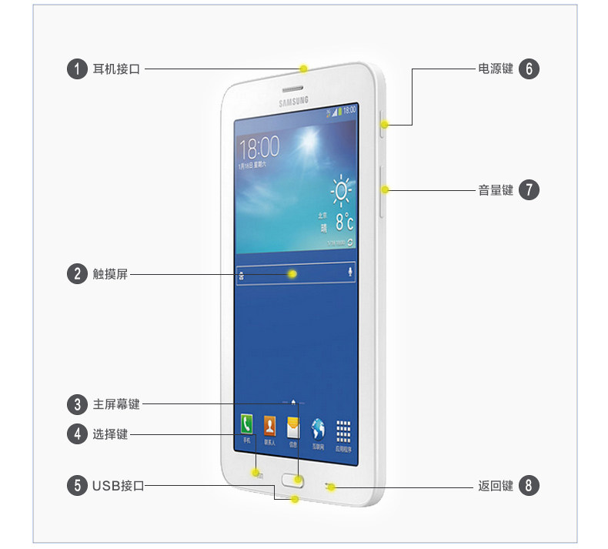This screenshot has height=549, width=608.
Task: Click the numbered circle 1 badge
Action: point(77,69)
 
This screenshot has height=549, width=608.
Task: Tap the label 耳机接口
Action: point(117,69)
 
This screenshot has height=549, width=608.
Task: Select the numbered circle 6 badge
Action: point(529,69)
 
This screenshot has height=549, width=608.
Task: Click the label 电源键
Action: point(495,69)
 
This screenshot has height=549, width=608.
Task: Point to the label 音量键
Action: point(495,189)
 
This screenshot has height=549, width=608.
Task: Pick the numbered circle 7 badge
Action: point(529,189)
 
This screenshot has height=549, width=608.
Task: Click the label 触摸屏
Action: point(110,273)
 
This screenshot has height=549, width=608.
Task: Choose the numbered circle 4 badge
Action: point(77,434)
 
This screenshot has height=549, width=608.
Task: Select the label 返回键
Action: point(495,486)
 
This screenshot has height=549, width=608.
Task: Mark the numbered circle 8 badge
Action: point(529,486)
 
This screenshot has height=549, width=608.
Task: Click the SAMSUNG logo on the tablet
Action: point(294,100)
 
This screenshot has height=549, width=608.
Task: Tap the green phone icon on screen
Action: point(246,424)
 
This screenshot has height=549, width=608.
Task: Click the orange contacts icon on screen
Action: point(269,425)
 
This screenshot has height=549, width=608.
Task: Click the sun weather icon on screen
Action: point(342,189)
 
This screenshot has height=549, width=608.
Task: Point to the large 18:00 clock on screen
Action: point(259,147)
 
